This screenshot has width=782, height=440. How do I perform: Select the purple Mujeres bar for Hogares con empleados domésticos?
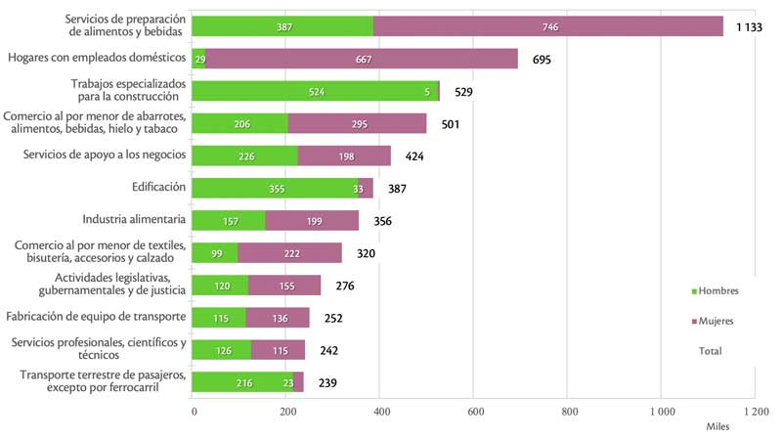(x=361, y=60)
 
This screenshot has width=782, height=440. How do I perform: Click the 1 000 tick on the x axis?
(x=661, y=412)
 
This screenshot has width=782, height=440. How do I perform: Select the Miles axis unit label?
(x=717, y=427)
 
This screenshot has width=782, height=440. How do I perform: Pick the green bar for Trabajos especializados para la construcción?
(x=315, y=92)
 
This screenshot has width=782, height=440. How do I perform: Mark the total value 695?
(x=542, y=60)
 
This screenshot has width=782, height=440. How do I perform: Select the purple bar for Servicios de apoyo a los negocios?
(x=344, y=156)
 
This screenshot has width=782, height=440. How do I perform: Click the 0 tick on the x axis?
(x=194, y=412)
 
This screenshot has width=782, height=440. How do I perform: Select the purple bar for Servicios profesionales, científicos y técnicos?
(x=279, y=350)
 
